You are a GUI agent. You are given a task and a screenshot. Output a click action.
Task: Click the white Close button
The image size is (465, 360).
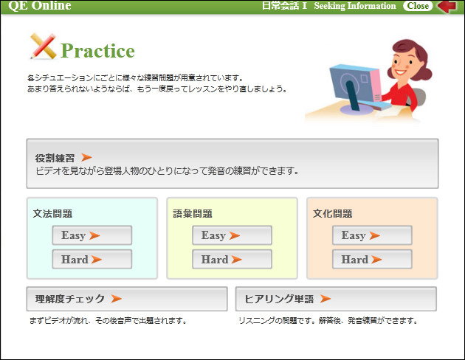[418, 6]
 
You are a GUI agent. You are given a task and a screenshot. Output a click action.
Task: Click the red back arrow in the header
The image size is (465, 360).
[447, 6]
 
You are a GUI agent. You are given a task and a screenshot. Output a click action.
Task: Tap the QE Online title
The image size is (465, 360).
[40, 6]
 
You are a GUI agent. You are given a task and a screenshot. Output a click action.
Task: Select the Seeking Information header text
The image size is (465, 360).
[355, 6]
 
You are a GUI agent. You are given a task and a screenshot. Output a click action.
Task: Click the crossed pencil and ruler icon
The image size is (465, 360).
[44, 46]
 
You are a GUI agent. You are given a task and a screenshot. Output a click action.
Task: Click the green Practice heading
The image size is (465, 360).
[97, 51]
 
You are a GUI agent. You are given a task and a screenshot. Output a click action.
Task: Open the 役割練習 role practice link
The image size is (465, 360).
[55, 158]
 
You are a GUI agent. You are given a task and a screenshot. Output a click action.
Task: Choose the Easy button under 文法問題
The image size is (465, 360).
[92, 235]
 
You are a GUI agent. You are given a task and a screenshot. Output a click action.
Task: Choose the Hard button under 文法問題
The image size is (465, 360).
[92, 259]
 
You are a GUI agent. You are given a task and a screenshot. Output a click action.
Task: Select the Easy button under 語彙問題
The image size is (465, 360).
[232, 235]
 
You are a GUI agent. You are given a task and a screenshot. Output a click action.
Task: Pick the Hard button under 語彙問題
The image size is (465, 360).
[232, 259]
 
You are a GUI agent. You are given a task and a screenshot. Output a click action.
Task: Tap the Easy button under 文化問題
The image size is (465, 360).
[372, 235]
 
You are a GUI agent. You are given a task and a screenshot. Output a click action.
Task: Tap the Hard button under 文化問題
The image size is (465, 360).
[372, 259]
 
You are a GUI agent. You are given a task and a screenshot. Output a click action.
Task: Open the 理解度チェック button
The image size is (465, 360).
[127, 299]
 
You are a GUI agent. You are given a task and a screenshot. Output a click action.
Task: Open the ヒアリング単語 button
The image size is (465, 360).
[336, 299]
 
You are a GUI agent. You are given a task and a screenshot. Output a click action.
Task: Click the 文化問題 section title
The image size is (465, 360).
[332, 214]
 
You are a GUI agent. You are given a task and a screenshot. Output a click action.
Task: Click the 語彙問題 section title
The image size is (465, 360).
[193, 214]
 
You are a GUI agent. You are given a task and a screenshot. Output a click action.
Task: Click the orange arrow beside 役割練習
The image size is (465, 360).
[86, 157]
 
